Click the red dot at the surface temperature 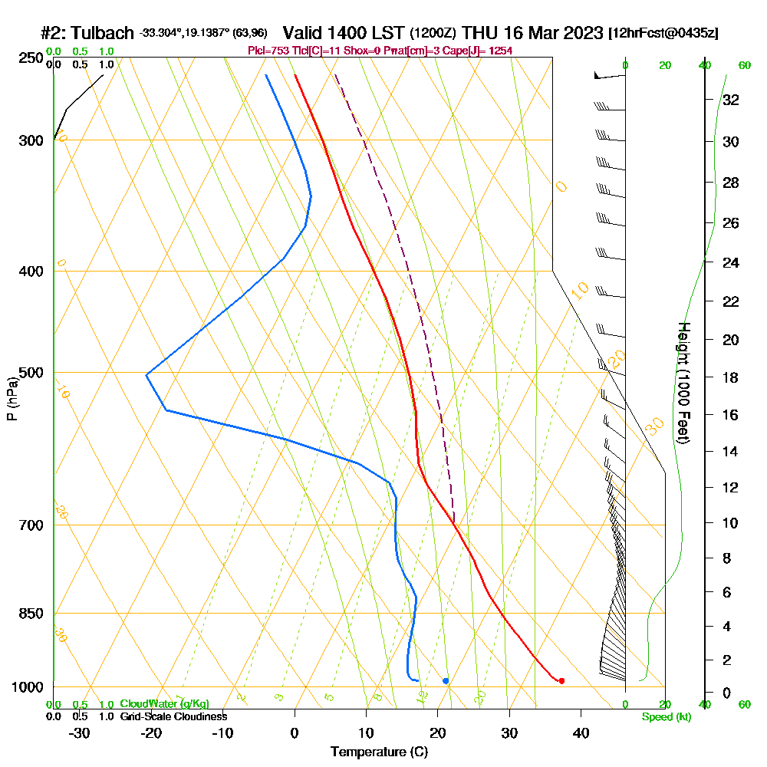pyautogui.click(x=562, y=681)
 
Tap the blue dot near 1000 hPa pyautogui.click(x=446, y=681)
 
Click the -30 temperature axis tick pyautogui.click(x=79, y=732)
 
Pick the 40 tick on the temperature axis pyautogui.click(x=581, y=732)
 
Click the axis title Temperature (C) pyautogui.click(x=379, y=752)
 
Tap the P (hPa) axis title pyautogui.click(x=12, y=399)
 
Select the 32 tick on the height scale pyautogui.click(x=731, y=100)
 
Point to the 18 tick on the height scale pyautogui.click(x=731, y=377)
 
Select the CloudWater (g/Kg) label pyautogui.click(x=164, y=704)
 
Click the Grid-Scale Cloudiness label pyautogui.click(x=173, y=716)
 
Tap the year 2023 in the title pyautogui.click(x=581, y=33)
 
